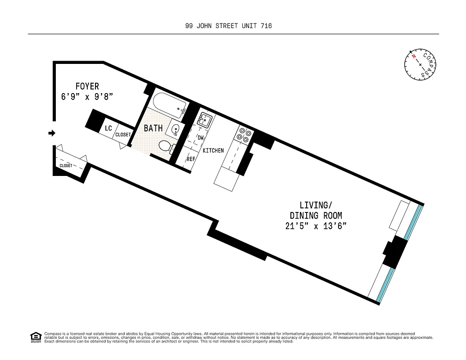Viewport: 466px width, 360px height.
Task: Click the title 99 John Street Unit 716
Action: pos(228,26)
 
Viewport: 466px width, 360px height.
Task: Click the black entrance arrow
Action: pos(52,133)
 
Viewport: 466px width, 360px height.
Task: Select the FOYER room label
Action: pos(87,86)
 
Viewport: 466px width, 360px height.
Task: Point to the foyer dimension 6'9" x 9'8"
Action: pos(87,96)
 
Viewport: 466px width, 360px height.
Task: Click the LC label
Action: pos(108,128)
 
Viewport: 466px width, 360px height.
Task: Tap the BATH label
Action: pos(153,129)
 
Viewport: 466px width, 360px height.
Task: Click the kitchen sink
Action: pos(206,120)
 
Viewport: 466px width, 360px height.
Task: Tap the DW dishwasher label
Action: pos(201,138)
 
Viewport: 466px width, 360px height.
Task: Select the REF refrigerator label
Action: pos(191,159)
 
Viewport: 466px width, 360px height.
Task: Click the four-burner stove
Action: pos(243,135)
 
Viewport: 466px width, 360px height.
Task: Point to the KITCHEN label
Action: pos(213,150)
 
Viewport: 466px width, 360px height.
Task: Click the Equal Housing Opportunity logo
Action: pos(35,337)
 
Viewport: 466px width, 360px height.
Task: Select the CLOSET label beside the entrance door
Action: pos(66,166)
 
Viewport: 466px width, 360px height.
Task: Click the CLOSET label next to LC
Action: pos(123,135)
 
